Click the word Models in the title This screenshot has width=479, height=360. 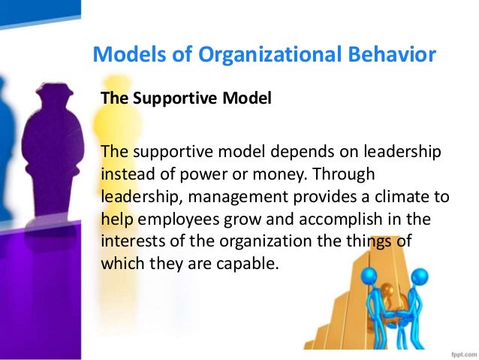tap(123, 55)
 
